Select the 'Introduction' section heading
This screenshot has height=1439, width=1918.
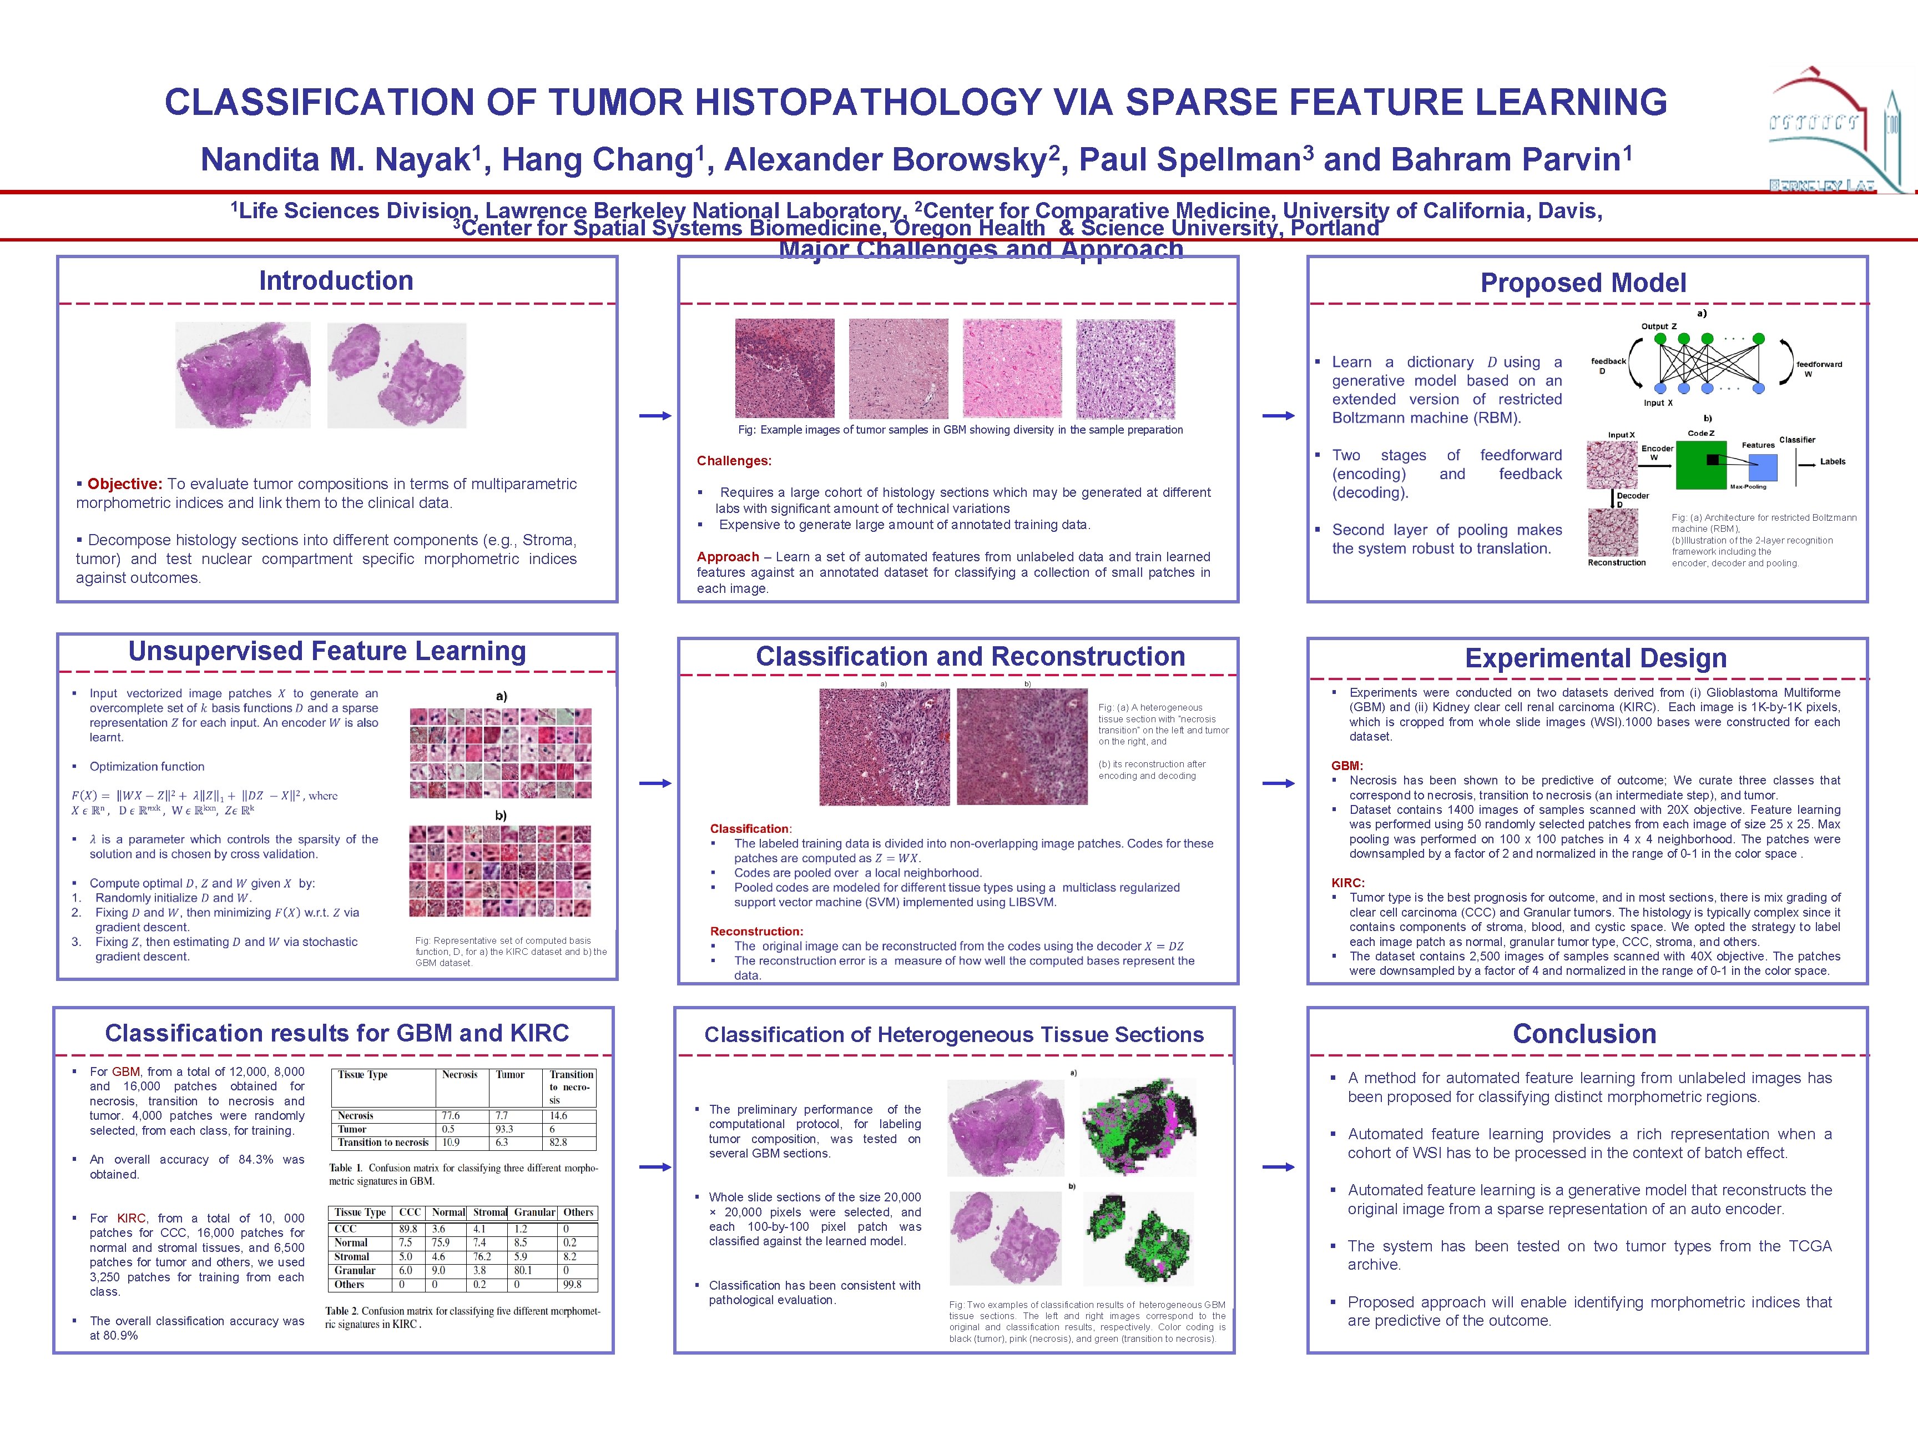[x=336, y=281]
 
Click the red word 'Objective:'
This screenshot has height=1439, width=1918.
[x=125, y=484]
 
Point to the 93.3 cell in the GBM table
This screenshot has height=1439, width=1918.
[x=504, y=1129]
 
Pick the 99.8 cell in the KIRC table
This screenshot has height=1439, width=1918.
[x=572, y=1285]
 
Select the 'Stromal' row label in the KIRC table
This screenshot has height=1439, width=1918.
[x=352, y=1257]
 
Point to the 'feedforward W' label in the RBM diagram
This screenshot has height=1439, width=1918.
[x=1818, y=369]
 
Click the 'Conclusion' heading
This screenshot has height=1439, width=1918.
[x=1584, y=1034]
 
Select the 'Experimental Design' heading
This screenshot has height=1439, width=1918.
[x=1596, y=658]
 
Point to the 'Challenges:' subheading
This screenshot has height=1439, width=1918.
[x=734, y=461]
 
